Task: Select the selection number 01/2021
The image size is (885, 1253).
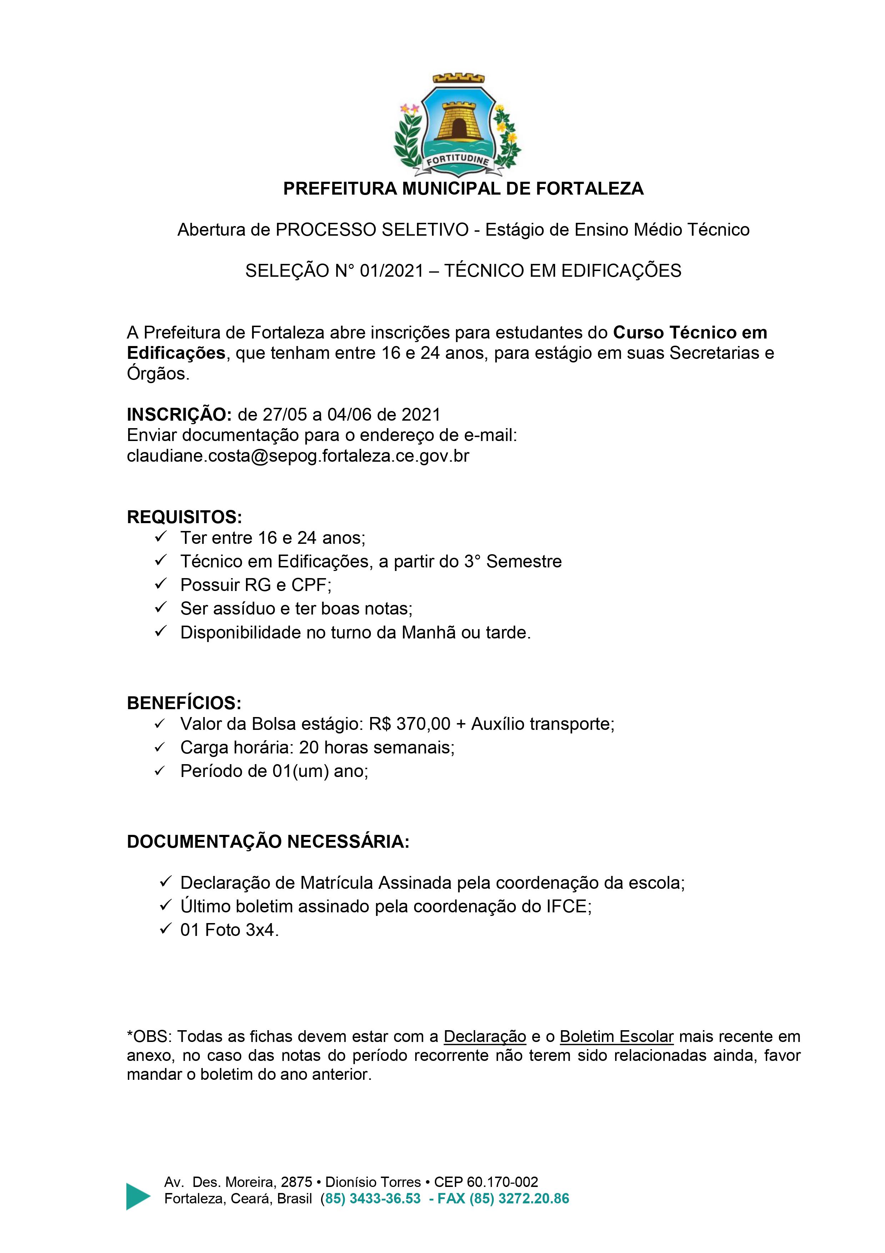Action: pyautogui.click(x=392, y=271)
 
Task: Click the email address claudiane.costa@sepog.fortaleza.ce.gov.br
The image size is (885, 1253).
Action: pyautogui.click(x=298, y=456)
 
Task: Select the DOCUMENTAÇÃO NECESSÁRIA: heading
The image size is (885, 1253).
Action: pyautogui.click(x=268, y=842)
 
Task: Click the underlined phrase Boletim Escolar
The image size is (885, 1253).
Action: pyautogui.click(x=617, y=1036)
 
